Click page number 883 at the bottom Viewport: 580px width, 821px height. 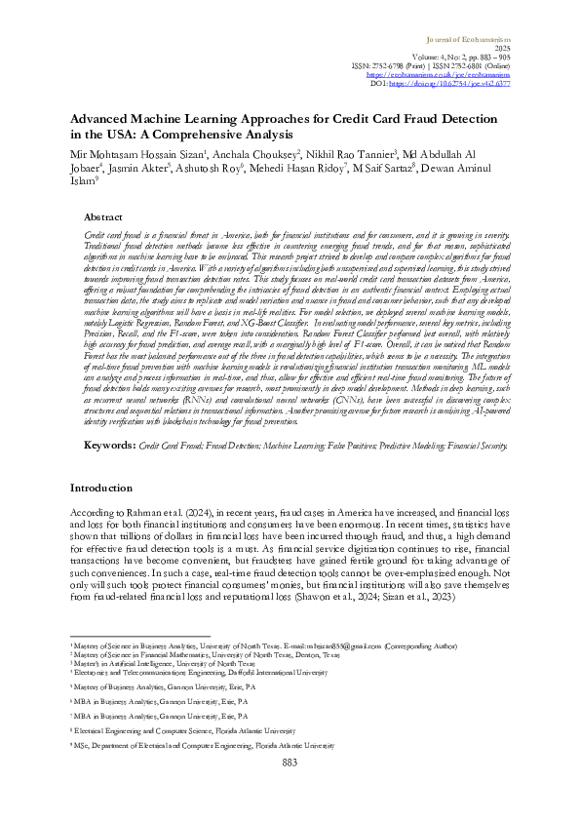(290, 790)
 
